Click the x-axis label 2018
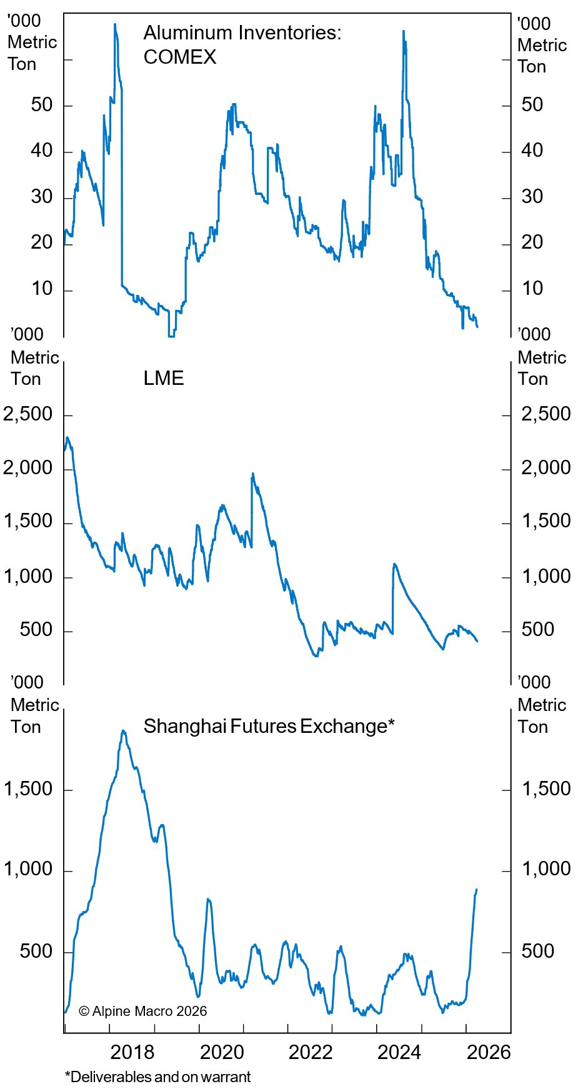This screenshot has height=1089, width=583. click(x=132, y=1052)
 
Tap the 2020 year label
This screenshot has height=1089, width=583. click(x=221, y=1052)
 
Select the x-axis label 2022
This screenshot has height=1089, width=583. click(x=310, y=1052)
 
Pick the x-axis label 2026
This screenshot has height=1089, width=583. click(x=489, y=1052)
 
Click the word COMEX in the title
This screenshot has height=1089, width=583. click(x=180, y=57)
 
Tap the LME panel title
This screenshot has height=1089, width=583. click(x=164, y=378)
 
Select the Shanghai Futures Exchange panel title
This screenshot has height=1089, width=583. click(x=269, y=726)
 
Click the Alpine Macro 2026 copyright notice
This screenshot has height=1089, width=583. click(x=143, y=1011)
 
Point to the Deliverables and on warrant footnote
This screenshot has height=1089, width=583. click(x=157, y=1077)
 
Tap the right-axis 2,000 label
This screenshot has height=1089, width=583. click(x=546, y=467)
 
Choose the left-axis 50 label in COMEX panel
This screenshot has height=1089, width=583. click(x=42, y=104)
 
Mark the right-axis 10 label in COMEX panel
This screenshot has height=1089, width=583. click(x=532, y=289)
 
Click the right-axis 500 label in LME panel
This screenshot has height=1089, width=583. click(x=537, y=629)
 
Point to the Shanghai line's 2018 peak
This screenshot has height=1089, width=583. click(x=123, y=730)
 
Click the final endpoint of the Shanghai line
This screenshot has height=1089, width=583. click(x=477, y=889)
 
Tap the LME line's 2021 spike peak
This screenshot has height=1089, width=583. click(x=252, y=474)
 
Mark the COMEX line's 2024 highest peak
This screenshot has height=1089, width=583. click(x=404, y=31)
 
